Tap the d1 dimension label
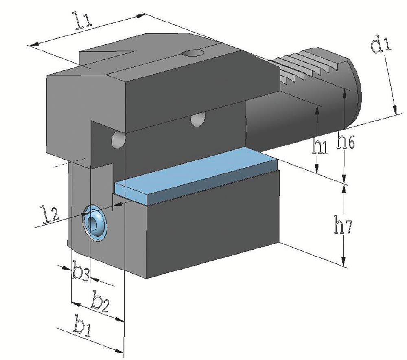pos(380,45)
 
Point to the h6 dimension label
pos(345,139)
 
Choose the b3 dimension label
pos(81,271)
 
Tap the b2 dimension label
pos(100,301)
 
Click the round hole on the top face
pos(192,53)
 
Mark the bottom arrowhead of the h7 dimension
pos(344,261)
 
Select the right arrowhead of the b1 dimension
pos(119,351)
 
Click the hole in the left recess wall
pos(118,140)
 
